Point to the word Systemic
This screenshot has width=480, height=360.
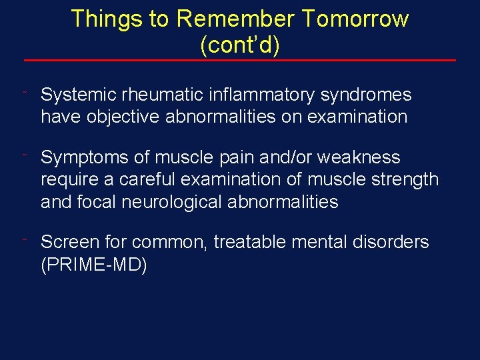[x=77, y=95]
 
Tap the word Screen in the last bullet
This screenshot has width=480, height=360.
[x=71, y=242]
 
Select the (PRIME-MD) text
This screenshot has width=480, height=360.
[x=93, y=265]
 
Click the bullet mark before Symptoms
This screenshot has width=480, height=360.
[x=24, y=155]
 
